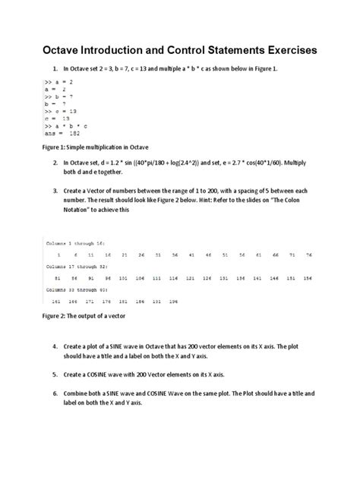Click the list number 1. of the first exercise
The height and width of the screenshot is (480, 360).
(x=56, y=68)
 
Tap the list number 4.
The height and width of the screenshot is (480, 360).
(x=56, y=346)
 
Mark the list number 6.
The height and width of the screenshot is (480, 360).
(x=56, y=395)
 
